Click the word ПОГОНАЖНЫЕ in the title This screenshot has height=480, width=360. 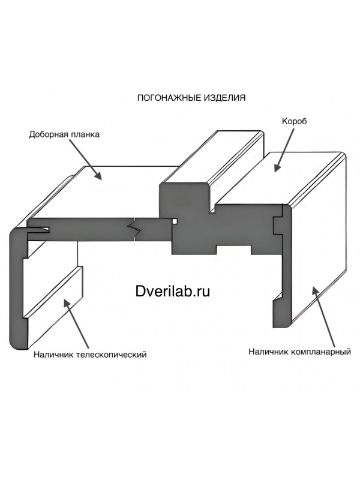coord(169,98)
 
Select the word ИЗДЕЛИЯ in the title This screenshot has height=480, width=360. coord(224,98)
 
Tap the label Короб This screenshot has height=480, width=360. coord(294,122)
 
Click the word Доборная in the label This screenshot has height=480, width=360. coord(48,134)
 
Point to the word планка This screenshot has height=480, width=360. coord(85,135)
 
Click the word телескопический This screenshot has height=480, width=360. coord(112,355)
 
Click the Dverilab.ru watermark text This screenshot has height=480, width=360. coord(173,291)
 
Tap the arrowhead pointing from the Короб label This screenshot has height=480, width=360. coord(277,167)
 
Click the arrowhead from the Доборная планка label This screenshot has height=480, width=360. coord(98,175)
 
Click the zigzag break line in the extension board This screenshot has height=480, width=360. coord(134,227)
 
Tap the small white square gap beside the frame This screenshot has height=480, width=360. coord(175,221)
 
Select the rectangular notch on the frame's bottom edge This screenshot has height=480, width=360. coord(234,250)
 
